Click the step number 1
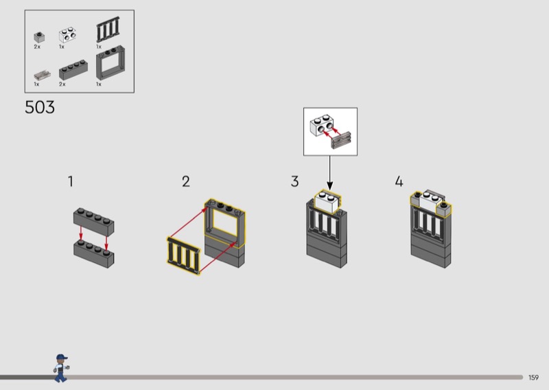(x=71, y=182)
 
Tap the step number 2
(x=185, y=182)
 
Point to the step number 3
(x=294, y=182)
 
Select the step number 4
(x=399, y=182)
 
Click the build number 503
(x=40, y=108)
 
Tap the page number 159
(x=534, y=377)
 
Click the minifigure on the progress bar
(x=61, y=367)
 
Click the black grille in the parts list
(x=107, y=32)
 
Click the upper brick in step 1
(x=94, y=223)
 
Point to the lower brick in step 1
(x=94, y=255)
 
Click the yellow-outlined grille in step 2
(x=184, y=255)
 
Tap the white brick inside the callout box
(x=321, y=126)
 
